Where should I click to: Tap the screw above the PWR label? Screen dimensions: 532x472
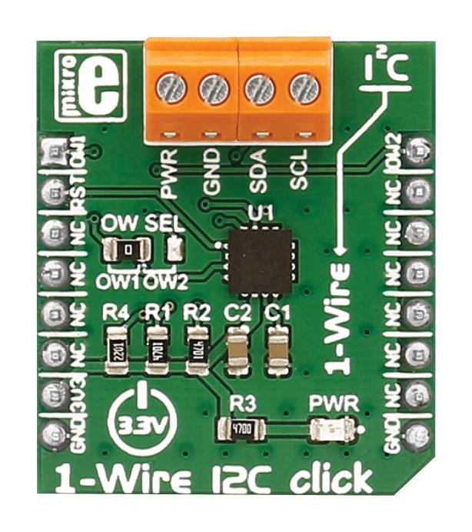(171, 89)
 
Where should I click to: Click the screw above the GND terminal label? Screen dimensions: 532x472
(214, 89)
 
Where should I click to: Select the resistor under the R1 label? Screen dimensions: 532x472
(157, 348)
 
